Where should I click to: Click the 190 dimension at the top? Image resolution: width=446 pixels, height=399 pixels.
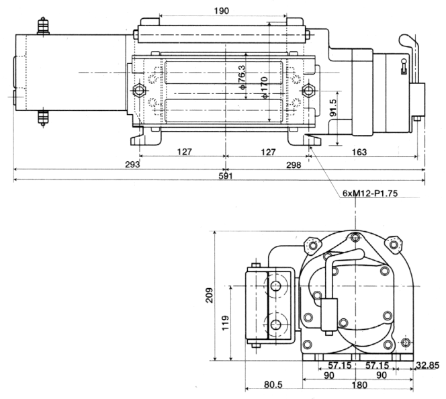[x=221, y=11]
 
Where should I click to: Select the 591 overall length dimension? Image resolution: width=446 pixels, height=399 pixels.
[x=226, y=176]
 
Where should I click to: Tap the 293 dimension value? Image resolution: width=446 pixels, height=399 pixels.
[x=132, y=165]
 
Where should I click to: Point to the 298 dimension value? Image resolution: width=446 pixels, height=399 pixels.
[x=294, y=165]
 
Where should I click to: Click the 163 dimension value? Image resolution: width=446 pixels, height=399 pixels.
[x=359, y=152]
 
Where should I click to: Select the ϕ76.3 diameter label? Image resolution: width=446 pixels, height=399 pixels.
[x=241, y=77]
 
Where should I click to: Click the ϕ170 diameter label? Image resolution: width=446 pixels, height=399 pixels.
[x=264, y=87]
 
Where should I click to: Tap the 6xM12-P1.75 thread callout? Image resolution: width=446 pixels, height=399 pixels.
[x=370, y=193]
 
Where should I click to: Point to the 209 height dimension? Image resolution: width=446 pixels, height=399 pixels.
[x=210, y=295]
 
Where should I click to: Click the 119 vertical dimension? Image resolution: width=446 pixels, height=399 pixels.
[x=225, y=322]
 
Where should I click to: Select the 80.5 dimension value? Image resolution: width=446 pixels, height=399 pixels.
[x=273, y=384]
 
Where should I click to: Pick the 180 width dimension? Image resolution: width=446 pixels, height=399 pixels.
[x=359, y=385]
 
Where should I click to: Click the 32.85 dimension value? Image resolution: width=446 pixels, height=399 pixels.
[x=427, y=365]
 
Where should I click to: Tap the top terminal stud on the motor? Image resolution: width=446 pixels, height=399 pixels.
[x=43, y=26]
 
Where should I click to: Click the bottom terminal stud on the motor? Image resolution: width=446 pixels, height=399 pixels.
[x=43, y=118]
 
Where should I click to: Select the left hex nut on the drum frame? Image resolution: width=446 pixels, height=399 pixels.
[x=139, y=91]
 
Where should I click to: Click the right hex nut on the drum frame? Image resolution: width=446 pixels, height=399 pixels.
[x=308, y=91]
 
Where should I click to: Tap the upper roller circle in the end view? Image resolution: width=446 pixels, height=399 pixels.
[x=276, y=285]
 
